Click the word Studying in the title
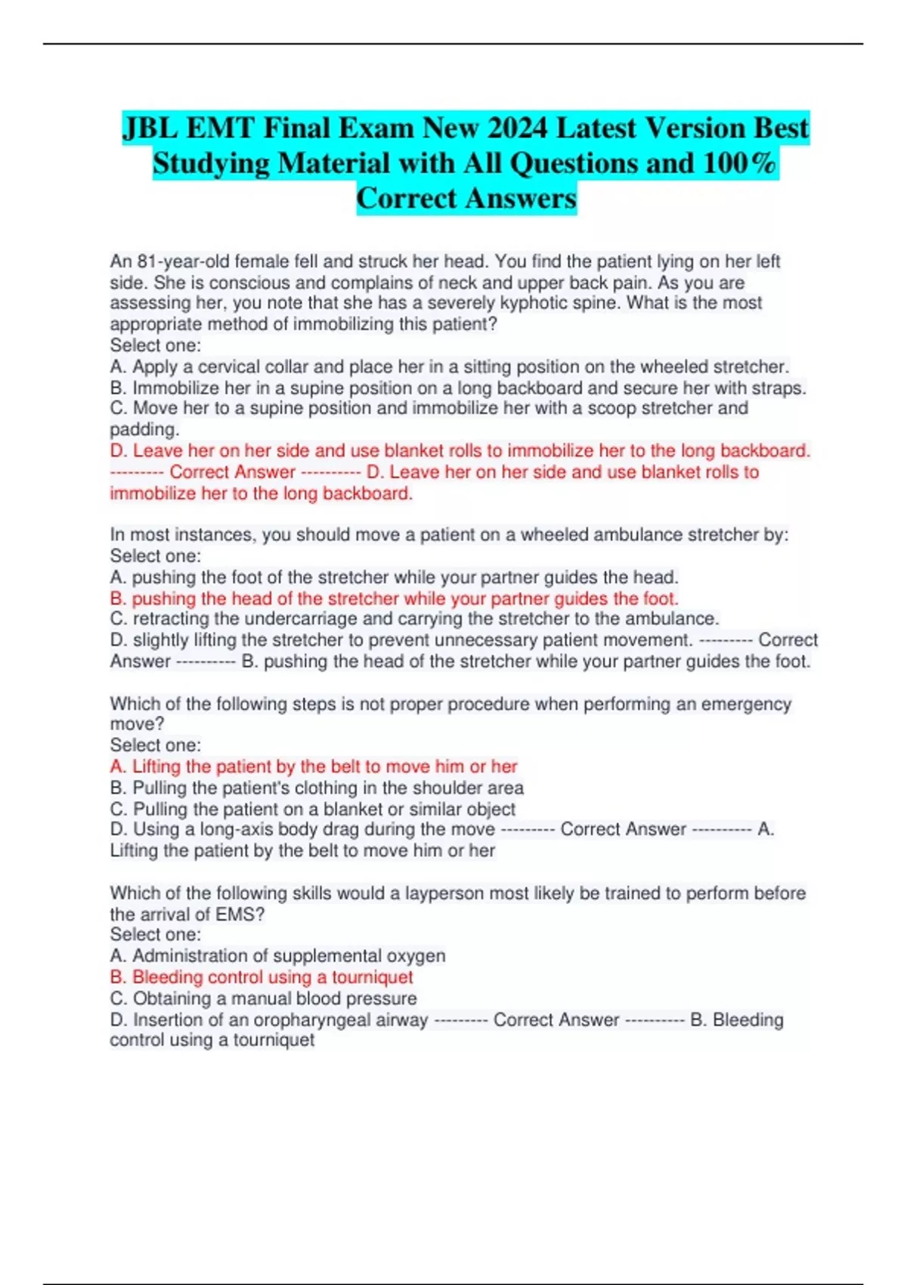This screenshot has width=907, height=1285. (211, 163)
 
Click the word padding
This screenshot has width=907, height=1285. (144, 429)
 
